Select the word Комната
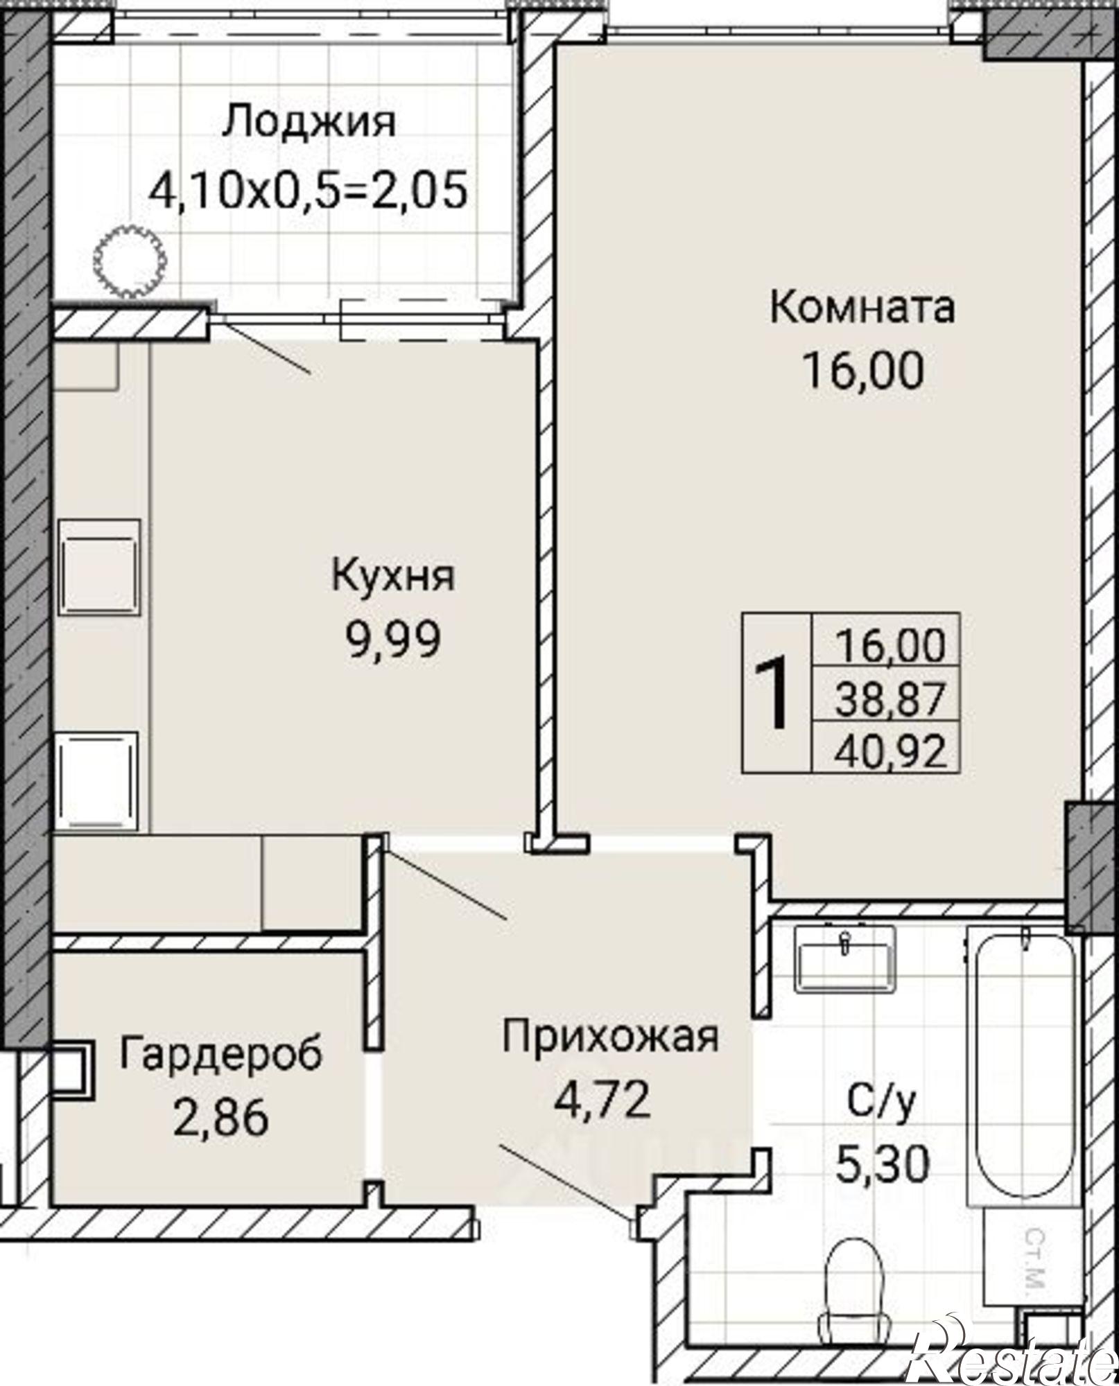[862, 308]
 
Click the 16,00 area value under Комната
[863, 371]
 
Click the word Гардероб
[220, 1055]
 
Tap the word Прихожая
[611, 1037]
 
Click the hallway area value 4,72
[602, 1100]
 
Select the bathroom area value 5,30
[881, 1165]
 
